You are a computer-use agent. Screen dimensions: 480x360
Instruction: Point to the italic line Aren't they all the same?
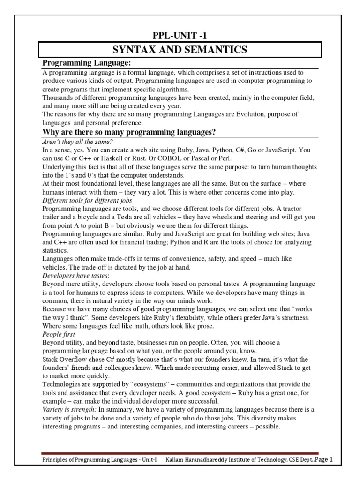[78, 142]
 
